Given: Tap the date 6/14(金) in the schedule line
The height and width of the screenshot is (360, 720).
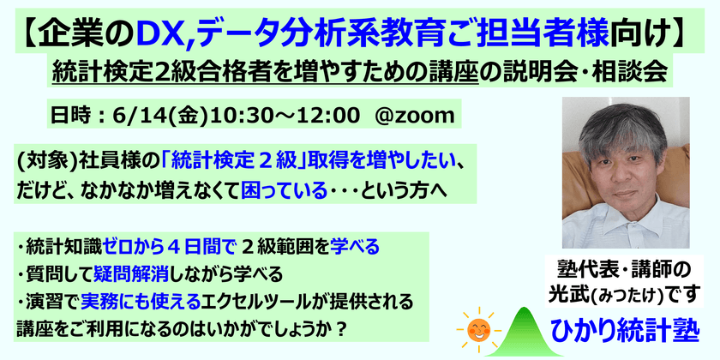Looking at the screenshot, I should (x=143, y=113).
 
